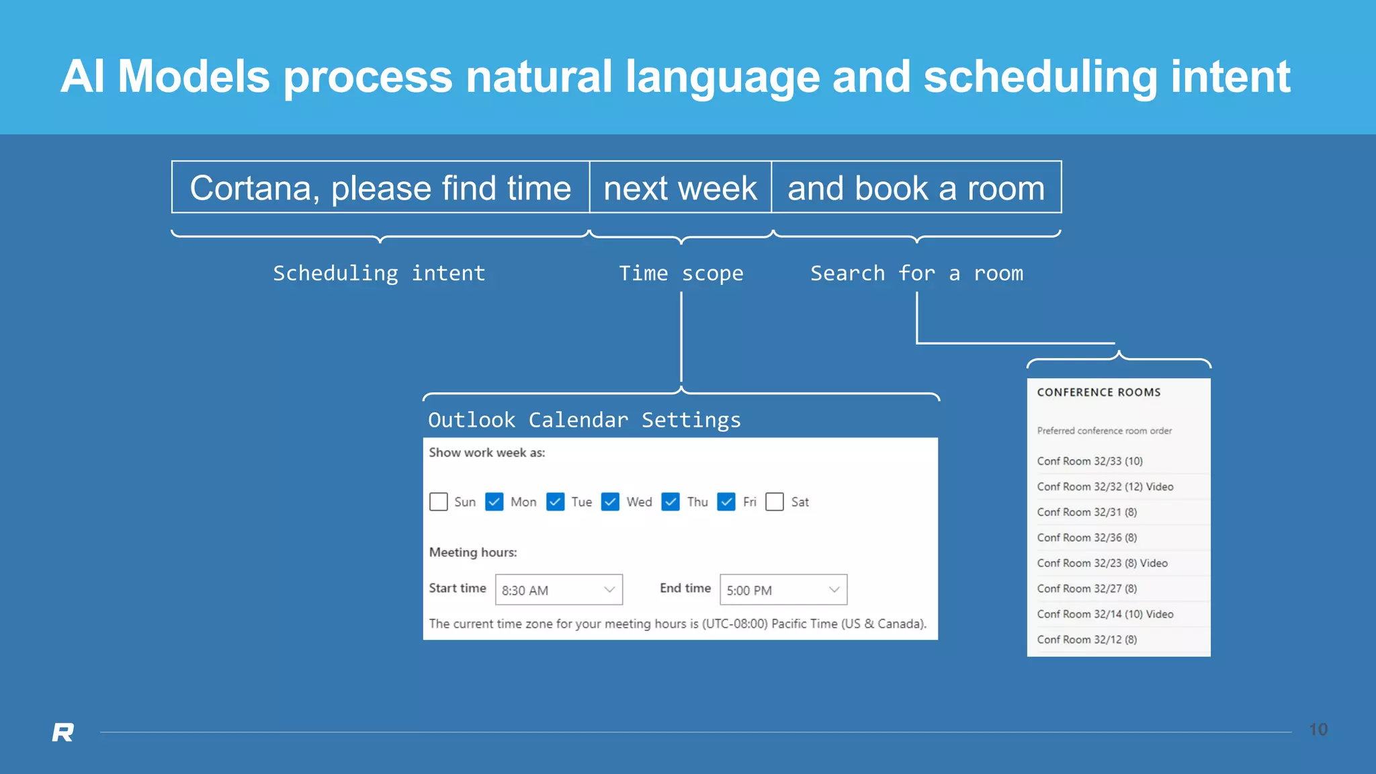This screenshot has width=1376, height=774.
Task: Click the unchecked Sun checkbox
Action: tap(439, 502)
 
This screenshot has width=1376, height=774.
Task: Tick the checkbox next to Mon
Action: tap(494, 502)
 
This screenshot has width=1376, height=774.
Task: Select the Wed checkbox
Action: tap(610, 502)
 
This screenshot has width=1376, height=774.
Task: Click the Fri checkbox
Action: tap(726, 502)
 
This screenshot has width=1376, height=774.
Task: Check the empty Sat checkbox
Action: tap(775, 502)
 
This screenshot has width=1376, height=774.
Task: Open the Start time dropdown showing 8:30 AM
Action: tap(558, 590)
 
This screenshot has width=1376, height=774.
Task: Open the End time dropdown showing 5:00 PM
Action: tap(783, 590)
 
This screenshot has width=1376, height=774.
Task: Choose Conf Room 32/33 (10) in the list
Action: tap(1089, 461)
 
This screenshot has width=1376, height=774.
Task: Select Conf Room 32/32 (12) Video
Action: tap(1105, 486)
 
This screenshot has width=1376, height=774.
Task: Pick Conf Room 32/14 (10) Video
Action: tap(1105, 614)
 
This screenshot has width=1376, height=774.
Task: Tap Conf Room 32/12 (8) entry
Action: tap(1086, 640)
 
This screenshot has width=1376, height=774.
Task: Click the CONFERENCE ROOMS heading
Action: tap(1099, 392)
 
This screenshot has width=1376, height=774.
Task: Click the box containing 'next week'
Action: tap(680, 187)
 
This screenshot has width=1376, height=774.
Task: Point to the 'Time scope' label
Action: tap(681, 273)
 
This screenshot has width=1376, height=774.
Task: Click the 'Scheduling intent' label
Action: tap(379, 273)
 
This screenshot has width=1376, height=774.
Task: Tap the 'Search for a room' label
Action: tap(916, 273)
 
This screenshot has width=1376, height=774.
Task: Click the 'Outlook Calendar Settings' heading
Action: tap(584, 420)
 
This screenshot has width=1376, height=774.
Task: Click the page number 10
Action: tap(1318, 730)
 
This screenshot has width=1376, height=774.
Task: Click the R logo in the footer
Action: tap(63, 732)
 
